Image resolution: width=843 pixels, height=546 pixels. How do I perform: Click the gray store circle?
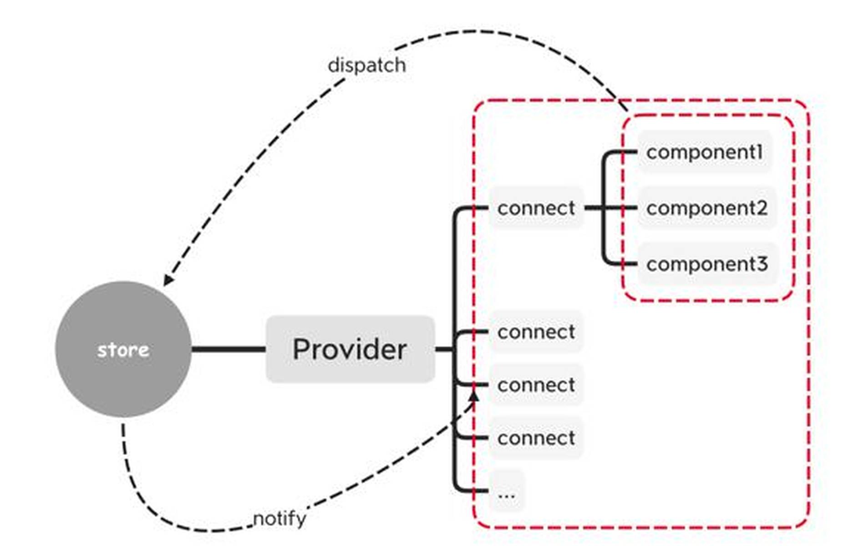(x=123, y=318)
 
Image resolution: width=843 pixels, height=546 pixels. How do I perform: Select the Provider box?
(x=350, y=349)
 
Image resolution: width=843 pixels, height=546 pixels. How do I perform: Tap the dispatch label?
(x=366, y=65)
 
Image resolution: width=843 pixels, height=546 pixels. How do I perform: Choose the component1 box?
(x=704, y=152)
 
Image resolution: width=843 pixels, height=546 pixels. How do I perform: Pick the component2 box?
(x=706, y=208)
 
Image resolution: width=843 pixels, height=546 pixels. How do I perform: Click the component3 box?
(x=707, y=264)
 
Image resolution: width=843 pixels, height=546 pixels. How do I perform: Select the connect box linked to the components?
(x=536, y=208)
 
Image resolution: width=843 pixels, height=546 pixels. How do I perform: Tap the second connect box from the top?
(x=536, y=332)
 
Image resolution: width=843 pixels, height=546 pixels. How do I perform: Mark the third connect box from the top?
(x=536, y=385)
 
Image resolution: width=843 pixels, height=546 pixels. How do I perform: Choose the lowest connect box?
(x=536, y=438)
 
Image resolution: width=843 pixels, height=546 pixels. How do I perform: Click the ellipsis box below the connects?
(x=507, y=491)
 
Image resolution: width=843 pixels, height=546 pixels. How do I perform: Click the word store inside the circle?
(x=123, y=350)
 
